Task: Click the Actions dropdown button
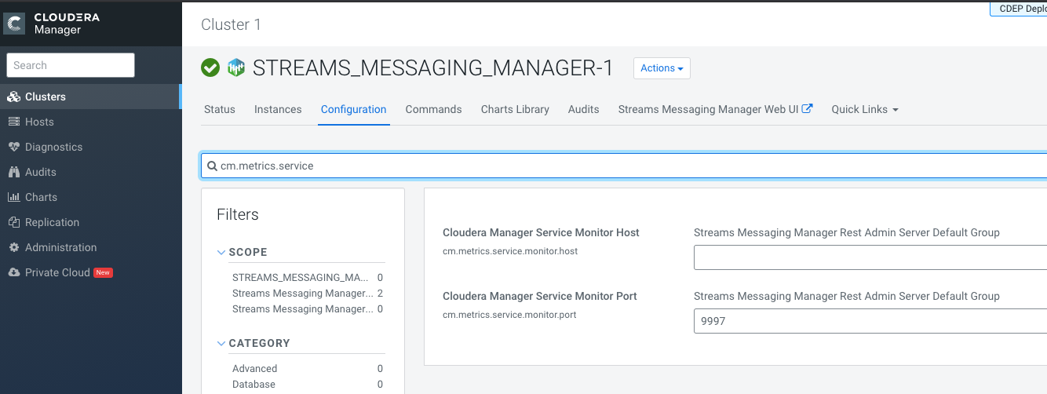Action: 662,68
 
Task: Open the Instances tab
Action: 278,109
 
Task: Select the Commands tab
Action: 433,109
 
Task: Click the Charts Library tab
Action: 515,109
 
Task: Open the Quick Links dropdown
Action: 865,109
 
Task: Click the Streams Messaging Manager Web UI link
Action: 715,109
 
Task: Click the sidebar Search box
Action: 71,65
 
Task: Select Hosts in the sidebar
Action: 39,122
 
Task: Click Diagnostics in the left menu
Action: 53,148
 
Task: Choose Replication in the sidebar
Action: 52,222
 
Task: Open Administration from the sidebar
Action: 60,248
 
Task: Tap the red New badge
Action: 103,272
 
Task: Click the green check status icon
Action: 210,67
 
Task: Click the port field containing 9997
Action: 870,321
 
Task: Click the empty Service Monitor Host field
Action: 870,257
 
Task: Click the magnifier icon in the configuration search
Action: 212,166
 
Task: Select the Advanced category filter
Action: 255,369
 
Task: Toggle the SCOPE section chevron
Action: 221,253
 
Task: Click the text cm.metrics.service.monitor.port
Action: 509,315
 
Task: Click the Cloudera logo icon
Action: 14,24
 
